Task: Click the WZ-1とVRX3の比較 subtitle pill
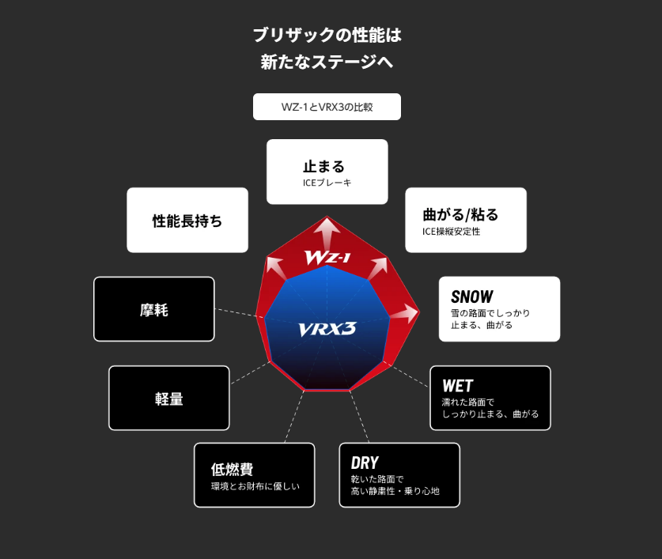click(x=327, y=107)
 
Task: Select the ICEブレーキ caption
click(x=327, y=183)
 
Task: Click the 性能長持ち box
click(x=187, y=221)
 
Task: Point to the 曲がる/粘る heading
click(x=461, y=214)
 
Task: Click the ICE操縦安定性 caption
click(x=452, y=232)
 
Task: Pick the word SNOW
click(x=472, y=296)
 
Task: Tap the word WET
click(x=458, y=386)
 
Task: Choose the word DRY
click(x=365, y=463)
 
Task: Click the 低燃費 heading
click(x=232, y=470)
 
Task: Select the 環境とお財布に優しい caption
click(x=255, y=486)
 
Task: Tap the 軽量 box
click(x=169, y=398)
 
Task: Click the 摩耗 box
click(x=154, y=310)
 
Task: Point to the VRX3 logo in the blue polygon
click(x=327, y=328)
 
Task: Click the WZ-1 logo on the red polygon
click(x=327, y=258)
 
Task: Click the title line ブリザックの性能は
click(x=327, y=36)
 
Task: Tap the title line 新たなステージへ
click(x=327, y=62)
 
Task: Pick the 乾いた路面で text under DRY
click(x=377, y=479)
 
